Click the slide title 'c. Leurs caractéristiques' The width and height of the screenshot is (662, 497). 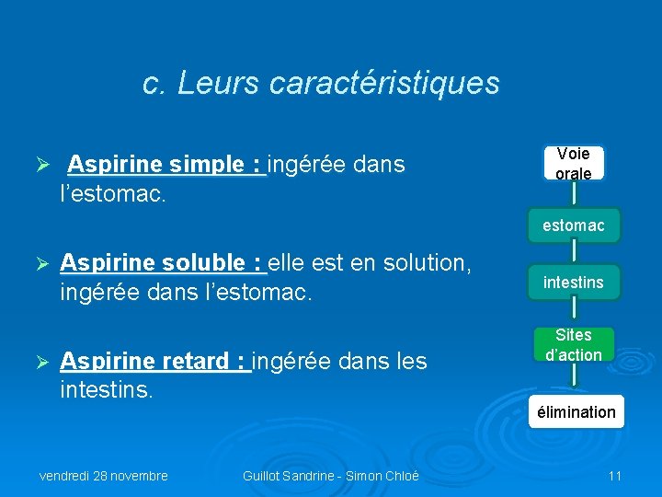(321, 83)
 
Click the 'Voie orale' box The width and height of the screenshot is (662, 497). (573, 163)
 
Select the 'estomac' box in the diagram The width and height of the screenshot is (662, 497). (573, 225)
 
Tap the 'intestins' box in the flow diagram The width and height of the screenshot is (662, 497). (573, 282)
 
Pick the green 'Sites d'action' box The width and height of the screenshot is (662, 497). (573, 345)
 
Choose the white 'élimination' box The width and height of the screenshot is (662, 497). (576, 411)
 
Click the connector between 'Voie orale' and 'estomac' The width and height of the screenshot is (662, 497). (573, 193)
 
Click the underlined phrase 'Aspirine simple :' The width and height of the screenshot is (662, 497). (166, 165)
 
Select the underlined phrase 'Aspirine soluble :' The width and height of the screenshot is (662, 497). (163, 263)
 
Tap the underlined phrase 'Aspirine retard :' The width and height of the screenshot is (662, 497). (154, 362)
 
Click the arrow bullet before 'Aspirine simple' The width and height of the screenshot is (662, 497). (40, 166)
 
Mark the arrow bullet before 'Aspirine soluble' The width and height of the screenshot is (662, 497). (40, 264)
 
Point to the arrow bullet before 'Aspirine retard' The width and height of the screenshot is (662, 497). (40, 363)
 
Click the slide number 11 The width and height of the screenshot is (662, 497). (615, 476)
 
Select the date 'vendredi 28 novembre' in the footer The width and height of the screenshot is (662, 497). (103, 476)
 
